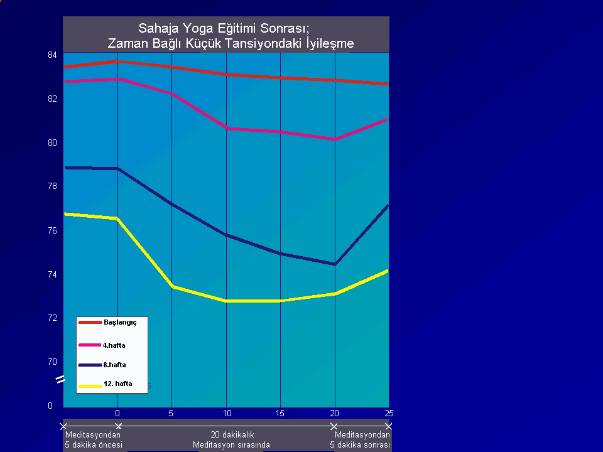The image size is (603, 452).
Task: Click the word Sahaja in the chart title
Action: (x=158, y=28)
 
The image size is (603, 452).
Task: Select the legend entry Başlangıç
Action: (x=119, y=322)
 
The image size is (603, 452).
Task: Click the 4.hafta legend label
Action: (x=114, y=345)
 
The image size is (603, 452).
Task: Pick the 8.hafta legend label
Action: (x=114, y=364)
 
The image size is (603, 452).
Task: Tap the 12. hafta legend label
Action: (x=117, y=384)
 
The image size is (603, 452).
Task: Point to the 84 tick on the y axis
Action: (x=52, y=55)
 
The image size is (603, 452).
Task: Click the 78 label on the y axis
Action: (x=52, y=186)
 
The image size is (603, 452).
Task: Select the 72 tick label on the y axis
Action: (x=52, y=318)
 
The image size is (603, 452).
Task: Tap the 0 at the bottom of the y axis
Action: (x=50, y=406)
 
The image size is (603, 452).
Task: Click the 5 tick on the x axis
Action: (x=171, y=413)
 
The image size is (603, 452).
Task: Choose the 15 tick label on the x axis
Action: (x=280, y=413)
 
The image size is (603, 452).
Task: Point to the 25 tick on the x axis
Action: (x=388, y=413)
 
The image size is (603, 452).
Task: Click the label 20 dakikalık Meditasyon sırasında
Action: (x=228, y=439)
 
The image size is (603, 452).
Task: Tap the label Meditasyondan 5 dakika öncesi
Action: (x=93, y=439)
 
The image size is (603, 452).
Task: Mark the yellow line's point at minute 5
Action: (x=172, y=286)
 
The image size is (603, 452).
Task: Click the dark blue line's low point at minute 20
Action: (x=335, y=264)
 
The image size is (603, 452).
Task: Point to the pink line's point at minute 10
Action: (x=227, y=129)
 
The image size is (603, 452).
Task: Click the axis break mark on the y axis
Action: (x=61, y=379)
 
